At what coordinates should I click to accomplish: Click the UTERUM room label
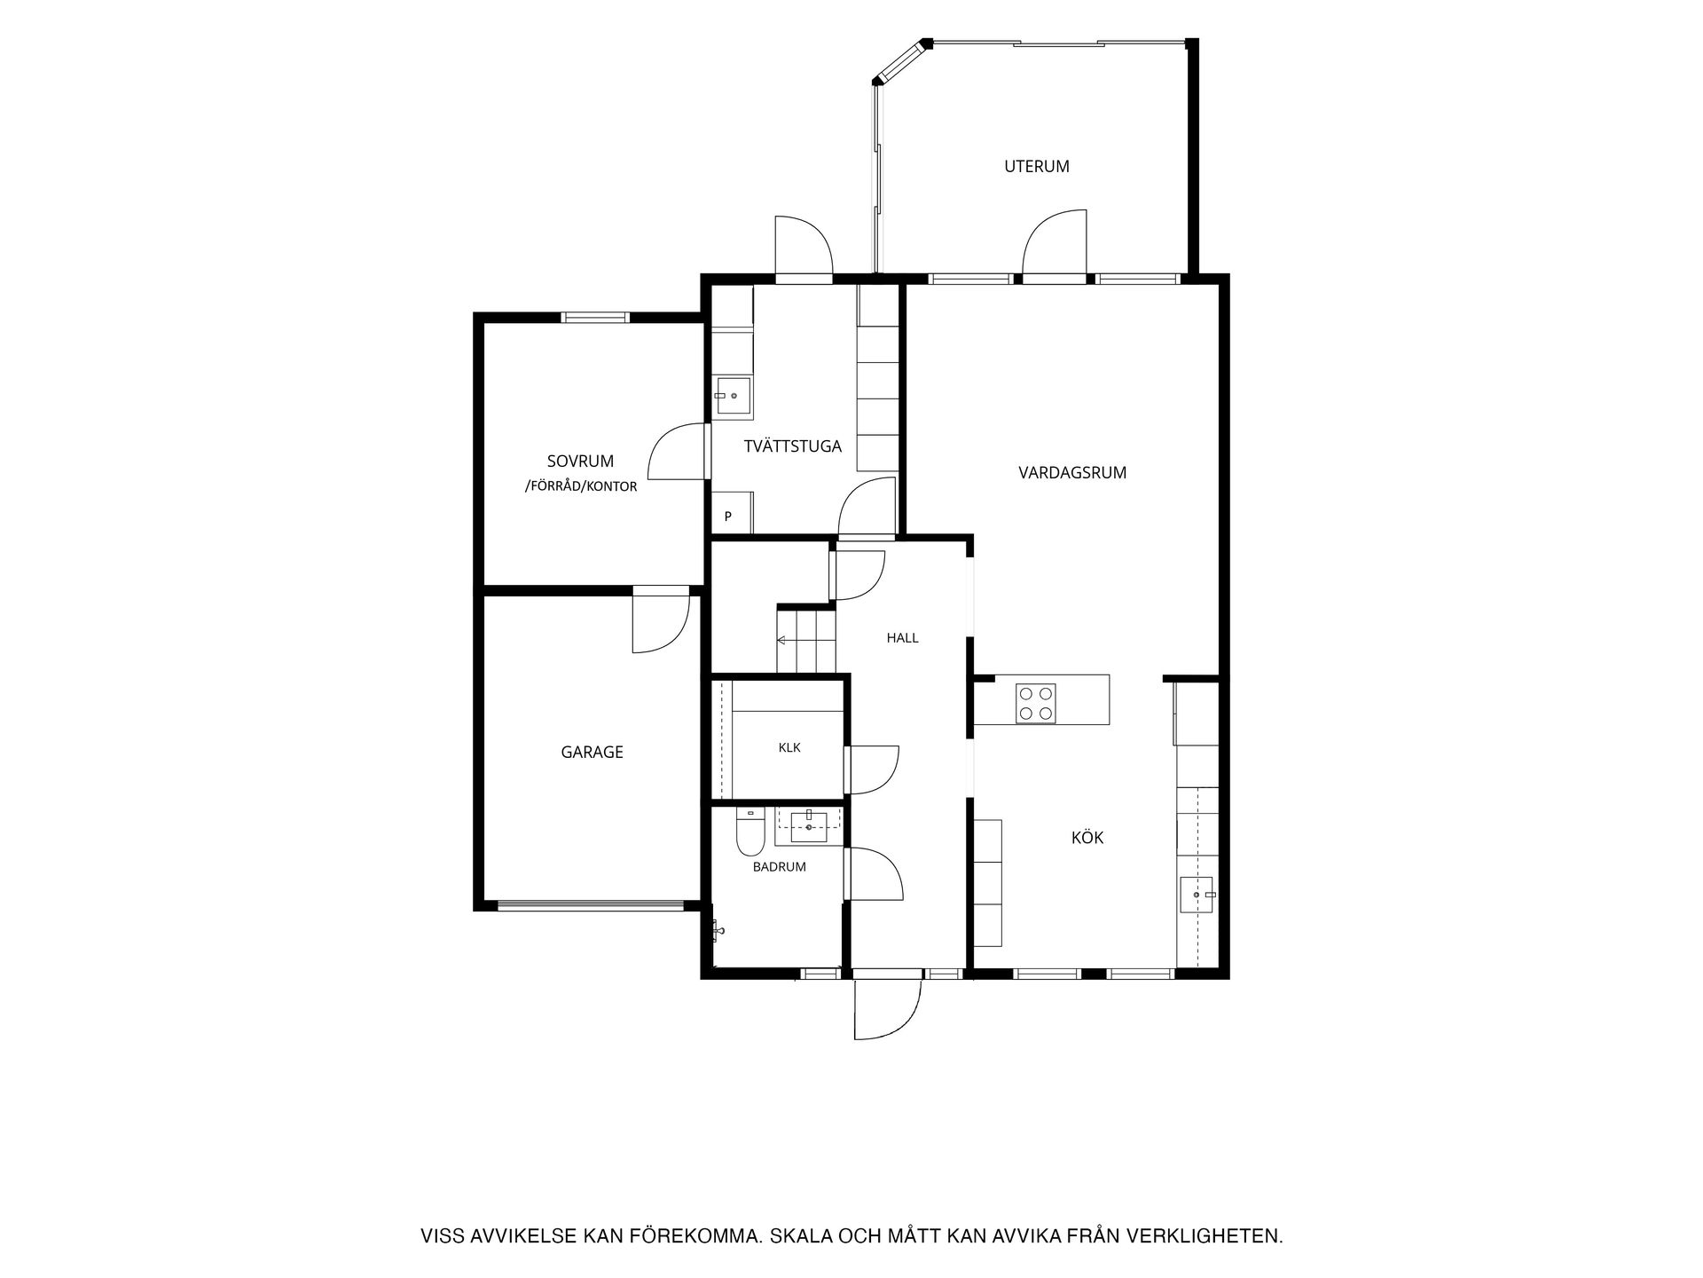1036,166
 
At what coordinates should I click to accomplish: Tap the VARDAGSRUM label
1072,473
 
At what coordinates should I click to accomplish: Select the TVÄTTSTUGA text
792,446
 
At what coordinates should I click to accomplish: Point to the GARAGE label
592,752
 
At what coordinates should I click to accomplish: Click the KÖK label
1087,837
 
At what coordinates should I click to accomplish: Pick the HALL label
902,637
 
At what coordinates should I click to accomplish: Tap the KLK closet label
789,747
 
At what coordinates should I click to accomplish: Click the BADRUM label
779,867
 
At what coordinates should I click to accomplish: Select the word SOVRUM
580,461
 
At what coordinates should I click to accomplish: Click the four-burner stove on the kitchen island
1035,703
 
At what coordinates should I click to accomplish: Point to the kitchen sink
1198,895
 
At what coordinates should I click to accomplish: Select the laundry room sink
734,397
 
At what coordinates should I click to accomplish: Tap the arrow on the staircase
781,640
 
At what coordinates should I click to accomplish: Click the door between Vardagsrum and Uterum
1055,246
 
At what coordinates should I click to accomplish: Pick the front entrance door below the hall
888,1006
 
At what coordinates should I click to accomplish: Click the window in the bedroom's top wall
596,317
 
